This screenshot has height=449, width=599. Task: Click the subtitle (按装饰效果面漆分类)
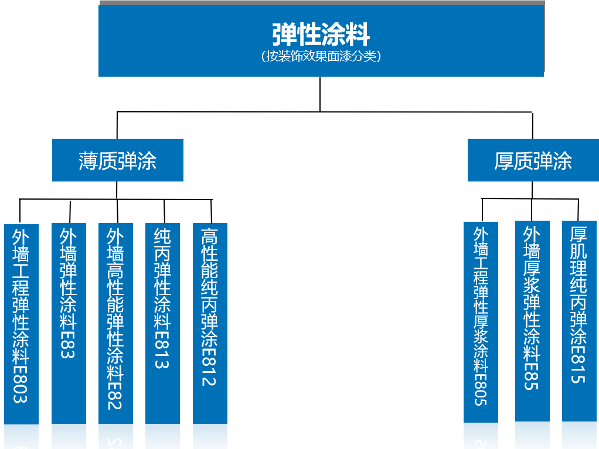click(321, 56)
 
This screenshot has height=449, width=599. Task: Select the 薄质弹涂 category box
click(118, 160)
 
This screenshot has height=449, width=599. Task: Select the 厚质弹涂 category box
click(533, 160)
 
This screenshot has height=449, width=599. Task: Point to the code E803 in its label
click(21, 384)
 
